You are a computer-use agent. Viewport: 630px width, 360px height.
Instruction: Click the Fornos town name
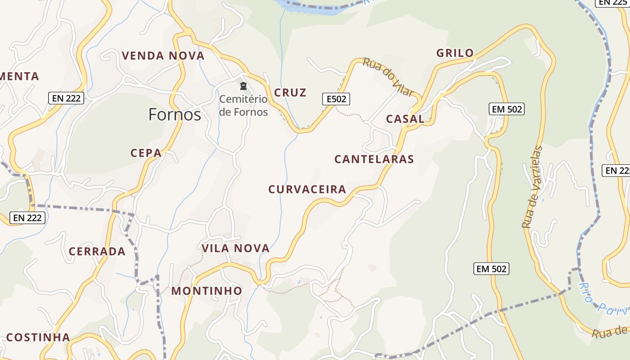pos(175,115)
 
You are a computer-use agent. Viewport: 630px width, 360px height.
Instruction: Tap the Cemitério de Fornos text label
pos(243,105)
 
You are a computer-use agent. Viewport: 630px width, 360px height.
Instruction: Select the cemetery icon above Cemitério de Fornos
pos(243,86)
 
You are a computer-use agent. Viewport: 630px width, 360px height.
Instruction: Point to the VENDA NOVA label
pos(163,56)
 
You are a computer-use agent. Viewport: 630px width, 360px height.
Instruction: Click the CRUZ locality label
pos(290,93)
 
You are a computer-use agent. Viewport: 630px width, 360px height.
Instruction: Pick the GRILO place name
pos(455,53)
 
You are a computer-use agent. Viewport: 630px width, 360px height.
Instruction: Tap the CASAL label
pos(405,119)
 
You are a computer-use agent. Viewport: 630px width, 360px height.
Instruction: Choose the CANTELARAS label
pos(374,159)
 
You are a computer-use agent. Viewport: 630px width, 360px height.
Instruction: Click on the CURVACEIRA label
pos(307,189)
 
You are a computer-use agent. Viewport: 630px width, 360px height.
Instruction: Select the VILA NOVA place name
pos(235,248)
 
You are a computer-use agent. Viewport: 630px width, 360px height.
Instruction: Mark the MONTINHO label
pos(207,291)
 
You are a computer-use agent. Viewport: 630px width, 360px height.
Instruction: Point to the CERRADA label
pos(97,251)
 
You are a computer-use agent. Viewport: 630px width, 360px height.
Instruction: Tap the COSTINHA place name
pos(38,337)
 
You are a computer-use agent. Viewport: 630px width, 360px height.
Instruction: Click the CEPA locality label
pos(146,153)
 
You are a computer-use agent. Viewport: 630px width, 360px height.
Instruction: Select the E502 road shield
pos(336,99)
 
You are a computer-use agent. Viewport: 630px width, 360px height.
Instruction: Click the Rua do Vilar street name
pos(388,77)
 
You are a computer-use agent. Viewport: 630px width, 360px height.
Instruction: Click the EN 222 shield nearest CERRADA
pos(27,218)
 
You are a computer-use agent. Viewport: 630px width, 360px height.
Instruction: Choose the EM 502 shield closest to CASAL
pos(507,109)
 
